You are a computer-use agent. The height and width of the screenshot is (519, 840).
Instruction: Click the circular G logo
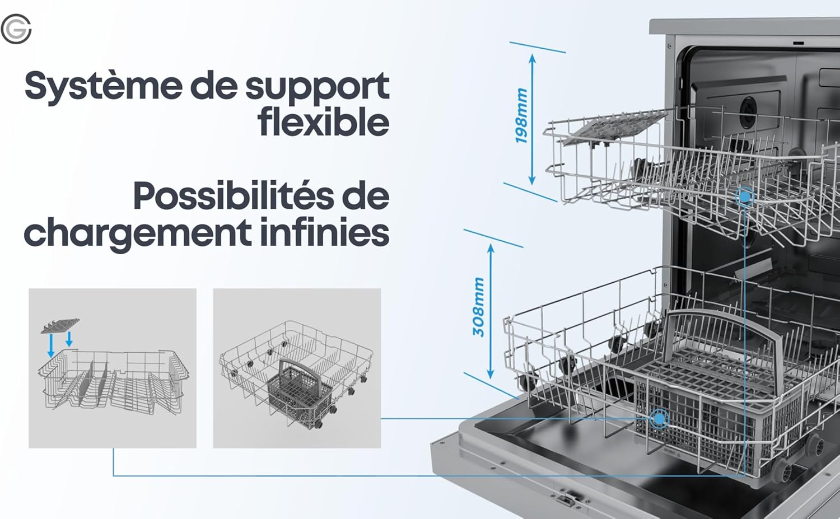click(x=16, y=29)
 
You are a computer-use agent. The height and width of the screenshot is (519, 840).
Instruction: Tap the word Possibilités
click(x=234, y=195)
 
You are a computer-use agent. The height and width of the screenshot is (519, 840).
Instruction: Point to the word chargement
click(x=138, y=233)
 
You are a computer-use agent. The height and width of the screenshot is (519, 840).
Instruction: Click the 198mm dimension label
click(x=521, y=115)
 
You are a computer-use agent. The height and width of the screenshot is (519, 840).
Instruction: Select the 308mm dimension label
click(x=478, y=307)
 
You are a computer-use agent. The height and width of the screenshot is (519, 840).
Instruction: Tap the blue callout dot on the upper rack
click(x=745, y=197)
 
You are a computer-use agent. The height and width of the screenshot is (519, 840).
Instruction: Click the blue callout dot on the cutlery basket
click(x=659, y=418)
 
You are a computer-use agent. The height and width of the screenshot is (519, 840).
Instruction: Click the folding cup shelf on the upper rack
click(x=615, y=128)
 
